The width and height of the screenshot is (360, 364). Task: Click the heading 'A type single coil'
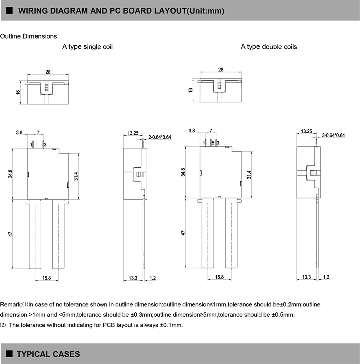pos(87,47)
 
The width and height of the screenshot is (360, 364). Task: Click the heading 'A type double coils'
pos(269,47)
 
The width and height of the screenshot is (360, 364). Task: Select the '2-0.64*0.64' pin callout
pos(160,137)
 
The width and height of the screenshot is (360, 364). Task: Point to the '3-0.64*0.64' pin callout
pos(333,136)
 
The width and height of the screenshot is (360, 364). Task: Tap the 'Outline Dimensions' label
pos(28,36)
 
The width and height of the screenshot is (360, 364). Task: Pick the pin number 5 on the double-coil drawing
pos(213,142)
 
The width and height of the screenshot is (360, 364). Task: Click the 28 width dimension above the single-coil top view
pos(48,72)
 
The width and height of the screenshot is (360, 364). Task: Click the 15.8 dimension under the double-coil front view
pos(219,277)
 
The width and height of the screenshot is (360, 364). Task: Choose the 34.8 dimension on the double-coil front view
pos(183,172)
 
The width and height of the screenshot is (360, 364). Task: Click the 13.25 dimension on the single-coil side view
pos(133,133)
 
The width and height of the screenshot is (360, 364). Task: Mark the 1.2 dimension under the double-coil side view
pos(326,277)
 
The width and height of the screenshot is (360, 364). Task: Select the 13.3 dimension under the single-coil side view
pos(133,278)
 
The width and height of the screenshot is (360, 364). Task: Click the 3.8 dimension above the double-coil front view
pos(192,131)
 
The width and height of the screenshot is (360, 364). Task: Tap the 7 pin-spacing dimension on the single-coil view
pos(38,132)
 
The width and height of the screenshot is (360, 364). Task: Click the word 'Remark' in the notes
pos(11,304)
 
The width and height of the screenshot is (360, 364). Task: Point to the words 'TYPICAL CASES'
pos(48,354)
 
